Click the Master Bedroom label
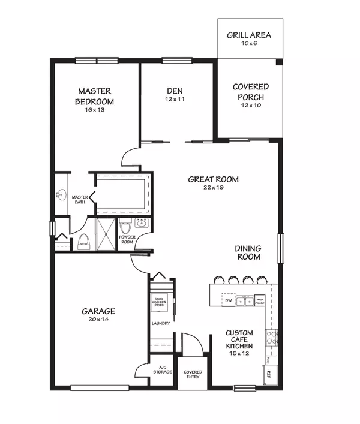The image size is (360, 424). point(95,97)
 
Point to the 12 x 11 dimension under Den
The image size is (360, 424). point(175,100)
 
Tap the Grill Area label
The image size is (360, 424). point(248,35)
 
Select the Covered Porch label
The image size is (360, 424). point(251,91)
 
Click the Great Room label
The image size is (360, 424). point(213,179)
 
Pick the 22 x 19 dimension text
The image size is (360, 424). point(213,188)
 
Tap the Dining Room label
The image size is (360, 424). point(248,252)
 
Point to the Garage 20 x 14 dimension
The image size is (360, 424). point(98,320)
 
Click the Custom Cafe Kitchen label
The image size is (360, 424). point(239,339)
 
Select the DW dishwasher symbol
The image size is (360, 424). point(228,299)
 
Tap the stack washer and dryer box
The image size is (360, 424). point(159,302)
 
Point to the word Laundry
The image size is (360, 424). point(160,324)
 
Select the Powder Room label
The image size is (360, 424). point(127,239)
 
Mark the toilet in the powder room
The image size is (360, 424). point(126,228)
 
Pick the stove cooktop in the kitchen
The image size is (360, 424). point(272,336)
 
